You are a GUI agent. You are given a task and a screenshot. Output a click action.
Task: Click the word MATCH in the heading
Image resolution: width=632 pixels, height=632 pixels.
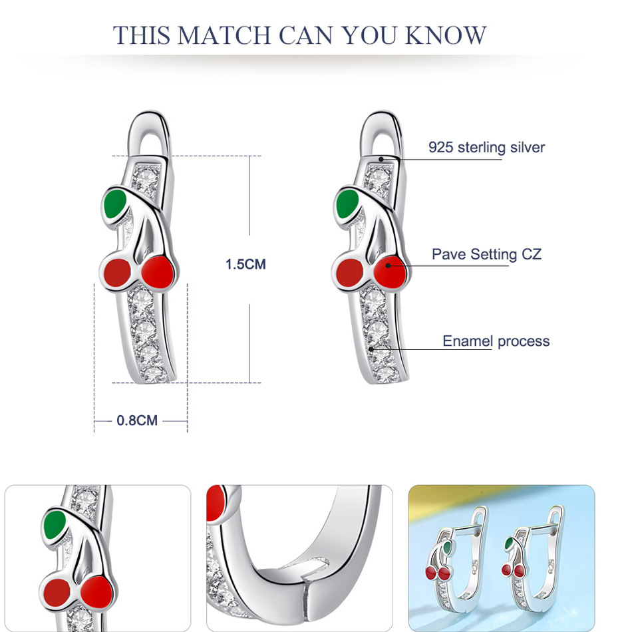click(x=224, y=35)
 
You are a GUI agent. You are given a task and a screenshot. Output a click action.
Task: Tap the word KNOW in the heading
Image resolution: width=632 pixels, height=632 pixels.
click(x=446, y=35)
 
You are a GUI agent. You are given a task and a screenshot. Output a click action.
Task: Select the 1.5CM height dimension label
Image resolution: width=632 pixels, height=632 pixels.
click(x=245, y=264)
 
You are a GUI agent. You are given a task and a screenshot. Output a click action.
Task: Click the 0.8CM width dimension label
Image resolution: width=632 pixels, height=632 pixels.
click(x=137, y=420)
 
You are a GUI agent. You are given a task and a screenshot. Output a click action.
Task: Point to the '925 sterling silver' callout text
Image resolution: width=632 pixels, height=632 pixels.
click(x=486, y=148)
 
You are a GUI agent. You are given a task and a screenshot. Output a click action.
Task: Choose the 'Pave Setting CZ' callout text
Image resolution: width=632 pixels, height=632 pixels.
click(x=486, y=254)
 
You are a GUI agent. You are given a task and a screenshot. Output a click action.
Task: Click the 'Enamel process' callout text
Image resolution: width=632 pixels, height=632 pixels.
click(x=496, y=341)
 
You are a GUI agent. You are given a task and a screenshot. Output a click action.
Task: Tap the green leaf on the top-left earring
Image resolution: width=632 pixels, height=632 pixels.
click(x=115, y=204)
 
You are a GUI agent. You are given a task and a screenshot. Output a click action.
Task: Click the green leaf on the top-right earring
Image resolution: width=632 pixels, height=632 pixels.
click(x=347, y=204)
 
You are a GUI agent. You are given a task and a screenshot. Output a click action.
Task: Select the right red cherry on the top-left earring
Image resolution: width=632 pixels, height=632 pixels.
click(x=158, y=272)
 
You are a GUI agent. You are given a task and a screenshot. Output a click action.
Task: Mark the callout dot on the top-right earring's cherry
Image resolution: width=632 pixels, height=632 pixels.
click(x=388, y=265)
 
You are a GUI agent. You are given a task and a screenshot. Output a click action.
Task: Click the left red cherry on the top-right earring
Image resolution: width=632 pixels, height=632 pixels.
click(x=349, y=272)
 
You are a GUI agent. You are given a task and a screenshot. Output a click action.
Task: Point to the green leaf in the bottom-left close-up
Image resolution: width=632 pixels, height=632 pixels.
click(x=55, y=524)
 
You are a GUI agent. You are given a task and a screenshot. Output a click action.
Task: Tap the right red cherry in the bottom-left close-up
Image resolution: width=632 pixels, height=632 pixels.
click(x=96, y=592)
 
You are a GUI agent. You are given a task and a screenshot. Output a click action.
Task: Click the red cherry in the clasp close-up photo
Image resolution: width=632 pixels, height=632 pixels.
click(x=216, y=504)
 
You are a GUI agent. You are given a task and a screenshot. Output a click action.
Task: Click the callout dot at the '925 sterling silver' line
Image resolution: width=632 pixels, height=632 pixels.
click(x=381, y=159)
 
